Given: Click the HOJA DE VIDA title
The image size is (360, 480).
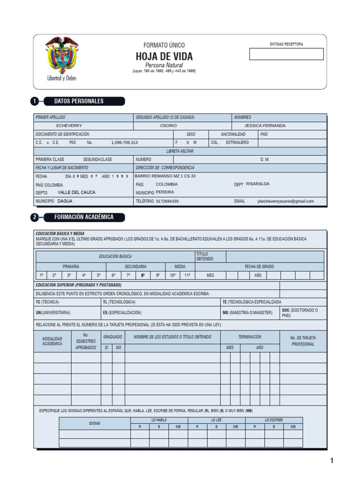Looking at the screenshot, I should (164, 57).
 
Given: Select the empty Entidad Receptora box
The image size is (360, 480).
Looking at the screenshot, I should (286, 54).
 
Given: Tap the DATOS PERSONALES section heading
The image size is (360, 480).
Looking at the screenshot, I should (79, 101).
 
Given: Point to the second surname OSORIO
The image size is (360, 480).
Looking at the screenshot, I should (168, 126).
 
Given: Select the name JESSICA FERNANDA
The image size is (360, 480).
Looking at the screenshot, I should (265, 126).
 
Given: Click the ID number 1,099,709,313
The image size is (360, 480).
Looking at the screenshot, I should (124, 142).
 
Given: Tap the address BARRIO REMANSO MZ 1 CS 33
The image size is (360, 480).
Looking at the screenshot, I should (165, 176).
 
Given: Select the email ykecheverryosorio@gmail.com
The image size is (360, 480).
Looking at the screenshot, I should (285, 201).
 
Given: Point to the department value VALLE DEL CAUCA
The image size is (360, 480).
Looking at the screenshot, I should (76, 193).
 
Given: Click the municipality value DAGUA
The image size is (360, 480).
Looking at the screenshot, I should (65, 201).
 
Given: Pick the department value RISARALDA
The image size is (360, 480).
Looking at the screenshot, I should (258, 184).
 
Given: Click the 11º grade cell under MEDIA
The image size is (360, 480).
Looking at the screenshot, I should (187, 276).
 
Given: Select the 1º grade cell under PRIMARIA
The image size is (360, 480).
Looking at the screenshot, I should (41, 276).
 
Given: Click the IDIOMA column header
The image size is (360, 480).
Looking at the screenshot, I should (95, 423).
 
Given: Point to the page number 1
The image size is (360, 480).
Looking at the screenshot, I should (332, 461).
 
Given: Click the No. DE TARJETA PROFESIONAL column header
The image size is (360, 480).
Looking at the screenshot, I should (303, 341).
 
